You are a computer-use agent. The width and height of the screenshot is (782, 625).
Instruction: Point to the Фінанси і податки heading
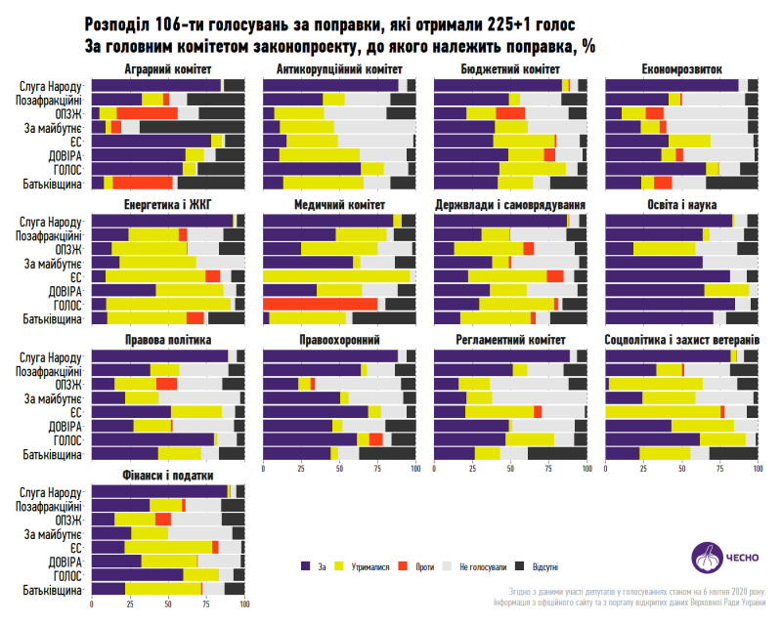(168, 476)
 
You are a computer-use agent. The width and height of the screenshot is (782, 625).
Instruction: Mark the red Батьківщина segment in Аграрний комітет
(143, 183)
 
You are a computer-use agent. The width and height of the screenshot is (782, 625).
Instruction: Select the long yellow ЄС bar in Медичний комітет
(336, 276)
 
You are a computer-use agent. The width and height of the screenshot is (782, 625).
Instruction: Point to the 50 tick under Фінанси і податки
(168, 604)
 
